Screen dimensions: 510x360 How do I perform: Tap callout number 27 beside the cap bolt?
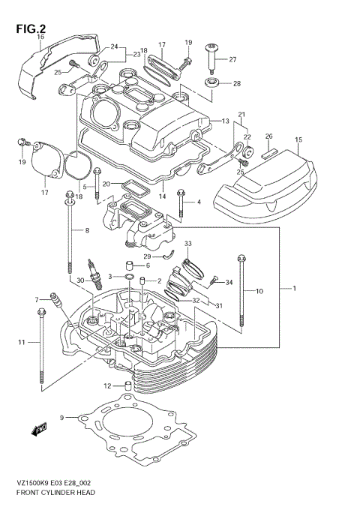232,59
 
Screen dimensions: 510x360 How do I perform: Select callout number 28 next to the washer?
237,83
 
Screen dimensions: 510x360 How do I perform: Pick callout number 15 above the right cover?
298,140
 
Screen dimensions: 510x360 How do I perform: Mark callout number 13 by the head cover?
225,121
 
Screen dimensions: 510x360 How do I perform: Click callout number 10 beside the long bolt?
259,290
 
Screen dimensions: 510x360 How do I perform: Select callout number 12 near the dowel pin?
108,386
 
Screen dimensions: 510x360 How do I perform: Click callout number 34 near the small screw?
229,283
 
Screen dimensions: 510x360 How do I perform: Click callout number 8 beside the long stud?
87,230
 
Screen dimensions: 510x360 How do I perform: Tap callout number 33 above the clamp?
188,244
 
